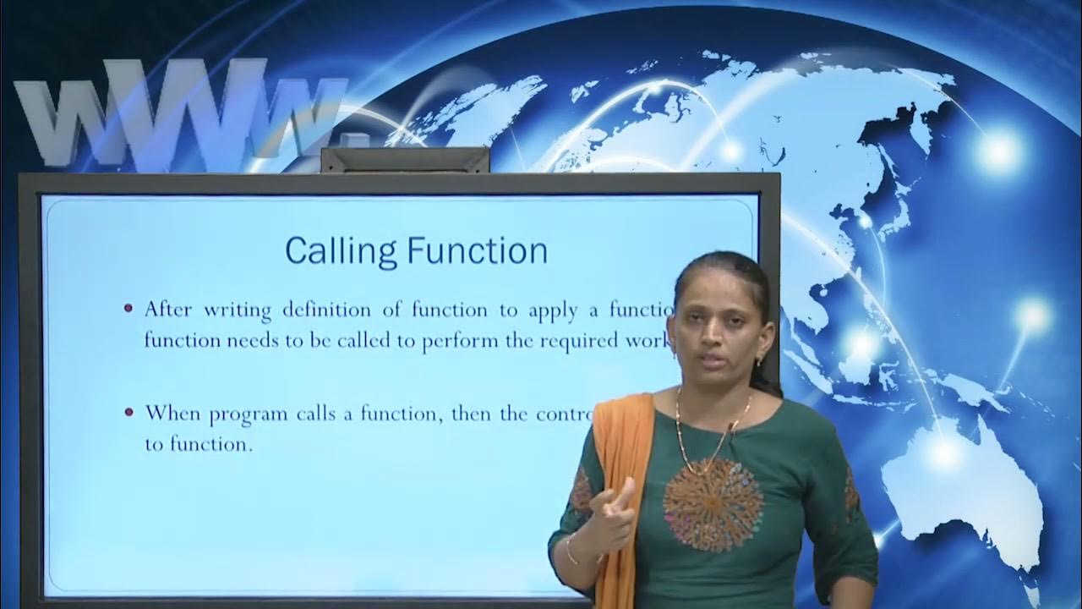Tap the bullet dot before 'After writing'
point(128,309)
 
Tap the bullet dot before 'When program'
point(128,413)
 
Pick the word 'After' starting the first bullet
point(169,310)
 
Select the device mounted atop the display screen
point(404,159)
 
